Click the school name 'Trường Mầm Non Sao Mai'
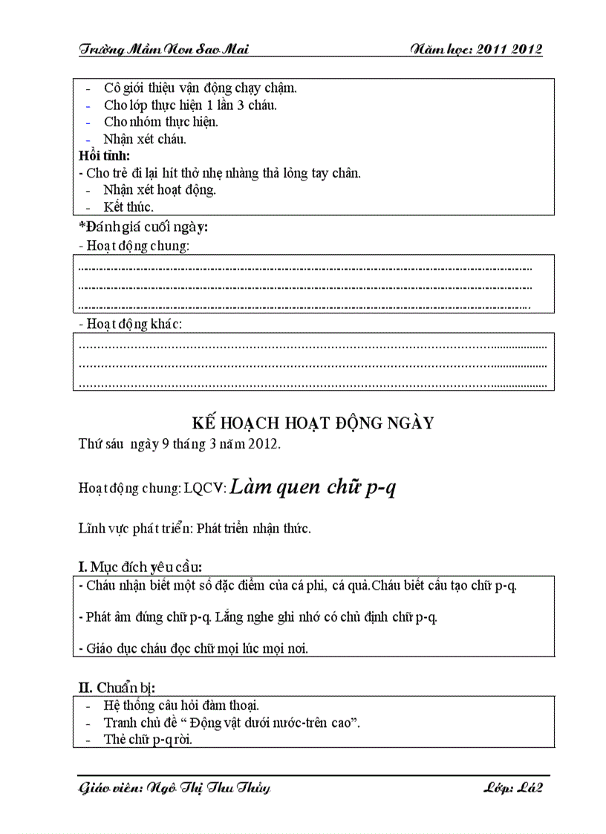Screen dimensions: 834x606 [x=164, y=50]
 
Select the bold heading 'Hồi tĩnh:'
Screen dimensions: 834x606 [x=104, y=156]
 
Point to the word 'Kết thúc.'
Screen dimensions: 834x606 [x=128, y=207]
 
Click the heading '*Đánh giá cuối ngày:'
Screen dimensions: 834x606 [x=143, y=227]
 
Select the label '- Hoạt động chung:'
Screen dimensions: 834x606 [x=134, y=246]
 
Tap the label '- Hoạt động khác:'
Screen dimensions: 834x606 [x=130, y=324]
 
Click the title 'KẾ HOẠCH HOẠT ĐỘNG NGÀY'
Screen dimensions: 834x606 [x=313, y=423]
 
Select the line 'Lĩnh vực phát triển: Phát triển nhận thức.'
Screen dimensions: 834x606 [x=195, y=529]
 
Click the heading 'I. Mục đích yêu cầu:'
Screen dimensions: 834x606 [x=140, y=567]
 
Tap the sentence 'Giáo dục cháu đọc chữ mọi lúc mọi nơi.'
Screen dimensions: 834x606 [x=193, y=648]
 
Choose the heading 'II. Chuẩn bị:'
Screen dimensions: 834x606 [x=117, y=686]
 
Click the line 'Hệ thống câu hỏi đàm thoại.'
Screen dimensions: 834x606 [x=181, y=706]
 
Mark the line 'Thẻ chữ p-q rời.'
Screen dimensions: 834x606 [x=148, y=740]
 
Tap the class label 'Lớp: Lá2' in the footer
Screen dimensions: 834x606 [x=513, y=788]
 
